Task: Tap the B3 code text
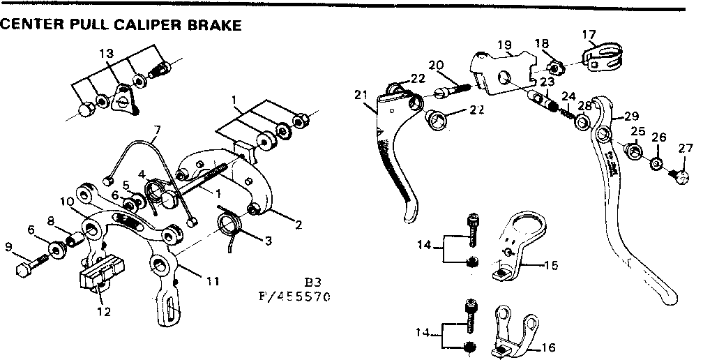[312, 283]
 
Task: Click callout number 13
[105, 54]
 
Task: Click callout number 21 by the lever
[360, 95]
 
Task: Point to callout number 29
[631, 116]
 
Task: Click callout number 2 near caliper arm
[298, 224]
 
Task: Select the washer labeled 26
[656, 163]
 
